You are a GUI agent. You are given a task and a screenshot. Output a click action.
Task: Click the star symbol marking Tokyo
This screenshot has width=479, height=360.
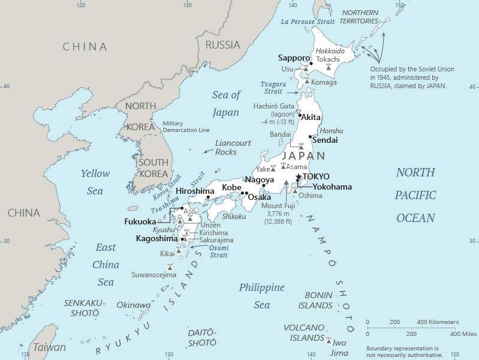[299, 176]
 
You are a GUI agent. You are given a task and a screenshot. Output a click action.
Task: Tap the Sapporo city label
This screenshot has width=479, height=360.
[294, 58]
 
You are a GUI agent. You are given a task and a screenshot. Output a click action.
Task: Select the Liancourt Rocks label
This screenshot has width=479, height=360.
[226, 148]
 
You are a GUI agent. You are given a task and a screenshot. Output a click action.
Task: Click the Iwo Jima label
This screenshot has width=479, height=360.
[341, 344]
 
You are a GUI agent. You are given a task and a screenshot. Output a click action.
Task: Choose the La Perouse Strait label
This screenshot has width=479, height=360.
[308, 22]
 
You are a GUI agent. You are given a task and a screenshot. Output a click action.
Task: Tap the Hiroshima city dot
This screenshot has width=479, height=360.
[208, 197]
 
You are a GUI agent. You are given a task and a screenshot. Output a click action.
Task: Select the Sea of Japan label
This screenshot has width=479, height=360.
[225, 103]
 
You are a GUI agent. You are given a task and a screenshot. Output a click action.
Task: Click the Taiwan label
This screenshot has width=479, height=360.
[49, 347]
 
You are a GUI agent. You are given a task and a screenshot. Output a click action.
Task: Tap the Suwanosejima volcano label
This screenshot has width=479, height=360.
[154, 275]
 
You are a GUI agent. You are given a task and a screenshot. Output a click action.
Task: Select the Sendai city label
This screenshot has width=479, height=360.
[325, 140]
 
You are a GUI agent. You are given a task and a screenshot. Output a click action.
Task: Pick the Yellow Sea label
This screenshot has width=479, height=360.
[95, 182]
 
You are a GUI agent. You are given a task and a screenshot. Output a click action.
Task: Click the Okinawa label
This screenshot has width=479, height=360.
[133, 305]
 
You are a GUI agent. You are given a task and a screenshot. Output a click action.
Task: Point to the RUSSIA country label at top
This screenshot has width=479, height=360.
[222, 45]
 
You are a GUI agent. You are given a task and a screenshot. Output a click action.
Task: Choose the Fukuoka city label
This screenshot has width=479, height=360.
[140, 221]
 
